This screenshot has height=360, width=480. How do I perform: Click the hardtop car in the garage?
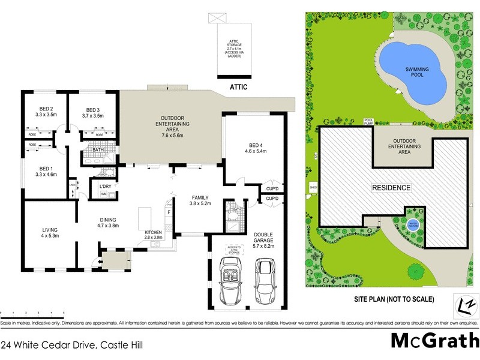coord(265,281)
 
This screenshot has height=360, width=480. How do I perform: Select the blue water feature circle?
coord(413,223)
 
